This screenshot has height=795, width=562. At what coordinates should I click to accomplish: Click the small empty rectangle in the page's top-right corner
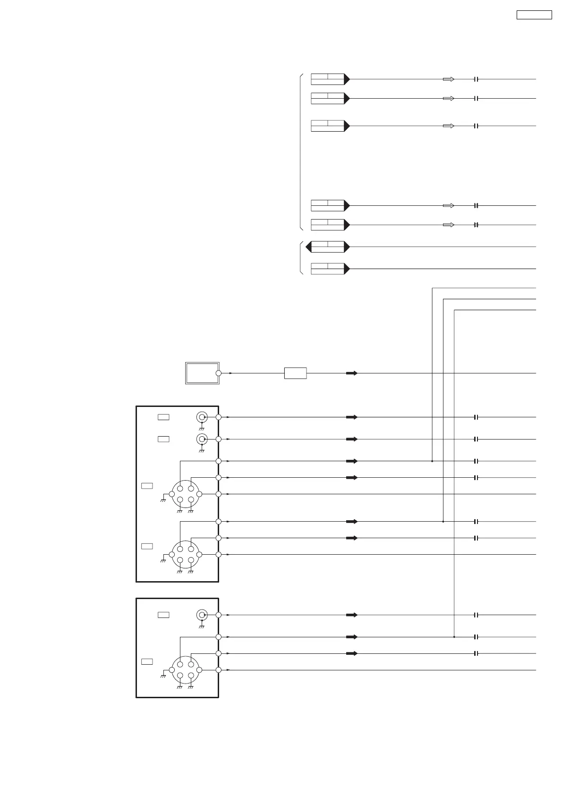coord(534,15)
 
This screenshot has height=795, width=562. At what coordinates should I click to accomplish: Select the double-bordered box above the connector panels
coord(202,373)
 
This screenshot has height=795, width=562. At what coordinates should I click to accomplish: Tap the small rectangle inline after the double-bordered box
coord(295,373)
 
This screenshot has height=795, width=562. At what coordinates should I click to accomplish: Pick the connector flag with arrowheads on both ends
coord(327,246)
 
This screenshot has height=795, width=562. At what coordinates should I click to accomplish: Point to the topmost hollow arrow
coord(448,79)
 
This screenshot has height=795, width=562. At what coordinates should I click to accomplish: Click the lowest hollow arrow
coord(448,225)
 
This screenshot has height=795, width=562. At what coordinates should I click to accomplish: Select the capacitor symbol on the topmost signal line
coord(476,79)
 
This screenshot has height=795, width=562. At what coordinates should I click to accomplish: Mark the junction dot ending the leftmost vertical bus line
coord(432,461)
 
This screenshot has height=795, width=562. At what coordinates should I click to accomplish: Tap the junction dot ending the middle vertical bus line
coord(443,522)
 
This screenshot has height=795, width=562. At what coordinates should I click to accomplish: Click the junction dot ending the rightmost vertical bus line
coord(454,637)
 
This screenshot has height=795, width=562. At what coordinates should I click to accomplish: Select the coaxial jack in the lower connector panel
coord(202,615)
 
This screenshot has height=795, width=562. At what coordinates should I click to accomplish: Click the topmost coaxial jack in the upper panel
coord(202,417)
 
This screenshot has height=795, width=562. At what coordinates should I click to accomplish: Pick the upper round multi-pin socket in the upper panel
coord(185,494)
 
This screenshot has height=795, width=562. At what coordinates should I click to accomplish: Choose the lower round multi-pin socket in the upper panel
coord(185,554)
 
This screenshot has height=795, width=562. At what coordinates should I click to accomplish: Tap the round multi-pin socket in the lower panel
coord(185,670)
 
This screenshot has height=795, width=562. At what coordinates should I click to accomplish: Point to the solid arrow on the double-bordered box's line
coord(351,373)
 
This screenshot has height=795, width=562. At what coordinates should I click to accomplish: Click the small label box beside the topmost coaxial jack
coord(163,417)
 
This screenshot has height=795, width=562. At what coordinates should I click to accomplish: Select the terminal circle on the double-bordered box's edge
coord(218,373)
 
